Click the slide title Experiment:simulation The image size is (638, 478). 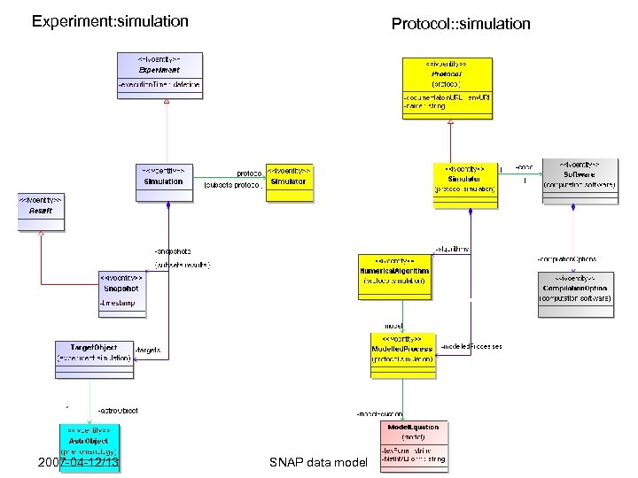(x=110, y=20)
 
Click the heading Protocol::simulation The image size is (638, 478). (x=461, y=24)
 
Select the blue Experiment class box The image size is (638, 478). (x=160, y=74)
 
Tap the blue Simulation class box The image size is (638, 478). (x=163, y=181)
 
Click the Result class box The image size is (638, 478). (x=42, y=212)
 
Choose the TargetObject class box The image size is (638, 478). (x=93, y=358)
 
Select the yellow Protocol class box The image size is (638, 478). (x=447, y=88)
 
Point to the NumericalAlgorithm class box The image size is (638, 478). (x=394, y=277)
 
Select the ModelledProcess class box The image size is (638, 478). (x=403, y=354)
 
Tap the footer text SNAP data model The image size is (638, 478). (x=316, y=463)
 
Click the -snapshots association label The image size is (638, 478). (x=173, y=251)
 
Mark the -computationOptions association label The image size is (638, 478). (x=566, y=259)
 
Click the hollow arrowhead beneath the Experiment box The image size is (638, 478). (x=166, y=101)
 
